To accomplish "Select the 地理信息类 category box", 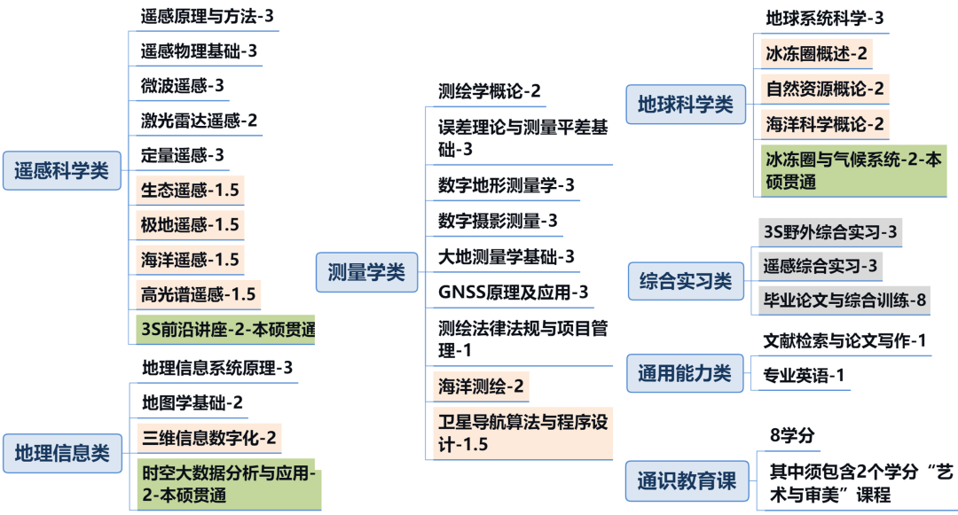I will pyautogui.click(x=62, y=453).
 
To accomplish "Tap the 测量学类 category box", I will pyautogui.click(x=366, y=273).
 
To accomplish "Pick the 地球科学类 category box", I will pyautogui.click(x=686, y=105).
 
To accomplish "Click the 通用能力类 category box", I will pyautogui.click(x=685, y=373).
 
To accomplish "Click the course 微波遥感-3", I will pyautogui.click(x=183, y=86).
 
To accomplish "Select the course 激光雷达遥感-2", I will pyautogui.click(x=199, y=121).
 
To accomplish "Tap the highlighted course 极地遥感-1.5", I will pyautogui.click(x=190, y=224).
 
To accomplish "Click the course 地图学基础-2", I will pyautogui.click(x=192, y=402).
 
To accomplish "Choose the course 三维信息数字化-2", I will pyautogui.click(x=208, y=437).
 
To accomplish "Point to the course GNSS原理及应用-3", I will pyautogui.click(x=513, y=292).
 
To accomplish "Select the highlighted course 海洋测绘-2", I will pyautogui.click(x=482, y=386).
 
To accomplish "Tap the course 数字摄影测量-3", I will pyautogui.click(x=498, y=221).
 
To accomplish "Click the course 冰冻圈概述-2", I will pyautogui.click(x=816, y=53).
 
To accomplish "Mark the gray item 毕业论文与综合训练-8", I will pyautogui.click(x=844, y=300).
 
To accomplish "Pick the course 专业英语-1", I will pyautogui.click(x=804, y=375).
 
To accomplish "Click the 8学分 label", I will pyautogui.click(x=792, y=435).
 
